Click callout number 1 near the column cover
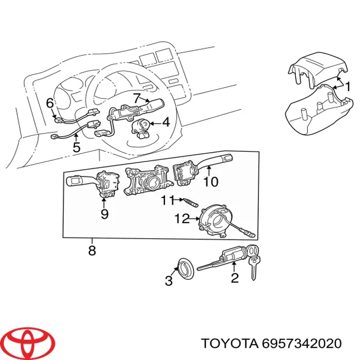(x=348, y=87)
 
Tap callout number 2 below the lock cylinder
(x=235, y=279)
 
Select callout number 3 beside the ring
(x=169, y=281)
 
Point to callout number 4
(x=166, y=122)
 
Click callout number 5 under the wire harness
(x=76, y=148)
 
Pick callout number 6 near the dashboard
(x=50, y=103)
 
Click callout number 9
(x=104, y=214)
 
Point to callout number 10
(x=210, y=182)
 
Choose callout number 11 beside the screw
(x=166, y=200)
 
